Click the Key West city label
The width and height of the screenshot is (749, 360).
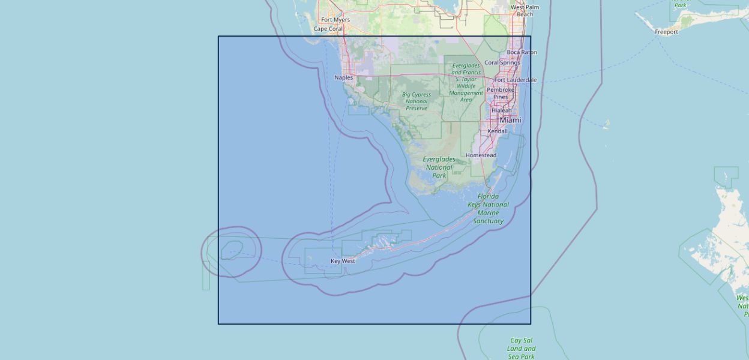pos(343,261)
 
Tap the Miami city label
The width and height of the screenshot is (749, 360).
pos(510,121)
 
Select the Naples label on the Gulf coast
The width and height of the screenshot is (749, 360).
pos(344,77)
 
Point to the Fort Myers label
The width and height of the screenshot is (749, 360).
pos(335,20)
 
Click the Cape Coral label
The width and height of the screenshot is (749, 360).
pos(328,29)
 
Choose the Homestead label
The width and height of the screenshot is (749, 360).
pos(481,155)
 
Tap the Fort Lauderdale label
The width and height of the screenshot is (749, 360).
pos(515,80)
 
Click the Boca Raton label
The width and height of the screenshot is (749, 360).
pos(522,52)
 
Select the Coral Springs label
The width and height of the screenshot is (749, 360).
pos(502,62)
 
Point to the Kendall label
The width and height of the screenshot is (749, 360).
pos(498,131)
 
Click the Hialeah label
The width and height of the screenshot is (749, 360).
pos(502,110)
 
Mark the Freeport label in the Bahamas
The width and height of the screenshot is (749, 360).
pos(666,32)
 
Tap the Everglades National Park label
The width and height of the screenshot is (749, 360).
pos(439,167)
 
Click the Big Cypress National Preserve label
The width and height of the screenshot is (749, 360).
pos(417,101)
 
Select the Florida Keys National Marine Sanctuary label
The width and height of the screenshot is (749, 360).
pos(488,209)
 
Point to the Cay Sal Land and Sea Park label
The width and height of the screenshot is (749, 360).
pos(521,349)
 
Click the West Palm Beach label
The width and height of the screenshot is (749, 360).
pos(525,11)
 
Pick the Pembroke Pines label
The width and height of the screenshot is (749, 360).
pos(501,93)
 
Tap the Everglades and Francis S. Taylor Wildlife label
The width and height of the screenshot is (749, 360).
pos(466,82)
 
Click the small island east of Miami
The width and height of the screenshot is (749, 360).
pos(606,125)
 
